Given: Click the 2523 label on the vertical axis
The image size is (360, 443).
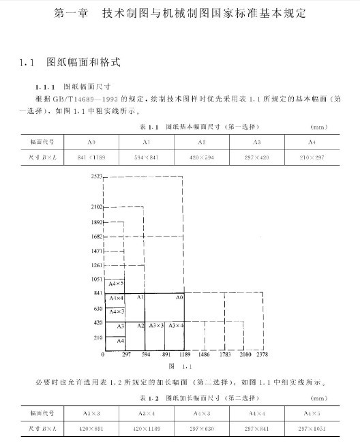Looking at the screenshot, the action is (x=96, y=176).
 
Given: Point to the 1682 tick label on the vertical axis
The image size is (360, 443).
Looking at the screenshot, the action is (x=96, y=236).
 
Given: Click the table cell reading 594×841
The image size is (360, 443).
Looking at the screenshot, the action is (x=146, y=157).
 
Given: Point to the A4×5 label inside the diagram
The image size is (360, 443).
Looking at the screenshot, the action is (x=116, y=283).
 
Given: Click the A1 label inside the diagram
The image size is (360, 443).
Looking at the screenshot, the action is (x=140, y=298).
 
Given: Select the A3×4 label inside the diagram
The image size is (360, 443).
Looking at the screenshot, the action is (x=177, y=325).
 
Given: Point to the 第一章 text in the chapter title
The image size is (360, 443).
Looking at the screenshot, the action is (x=70, y=13).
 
